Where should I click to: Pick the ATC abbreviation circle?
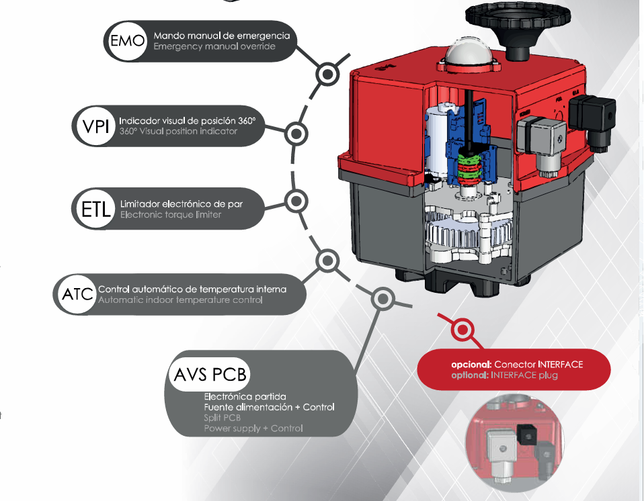tap(75, 294)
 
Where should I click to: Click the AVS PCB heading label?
tap(210, 374)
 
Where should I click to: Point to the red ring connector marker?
tap(462, 330)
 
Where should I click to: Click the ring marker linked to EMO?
tap(327, 75)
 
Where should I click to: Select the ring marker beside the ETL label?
tap(296, 201)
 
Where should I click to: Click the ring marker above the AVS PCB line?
tap(383, 298)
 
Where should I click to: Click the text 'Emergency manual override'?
tap(205, 46)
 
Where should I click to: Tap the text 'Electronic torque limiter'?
tap(171, 215)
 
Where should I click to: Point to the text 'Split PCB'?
tap(223, 418)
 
